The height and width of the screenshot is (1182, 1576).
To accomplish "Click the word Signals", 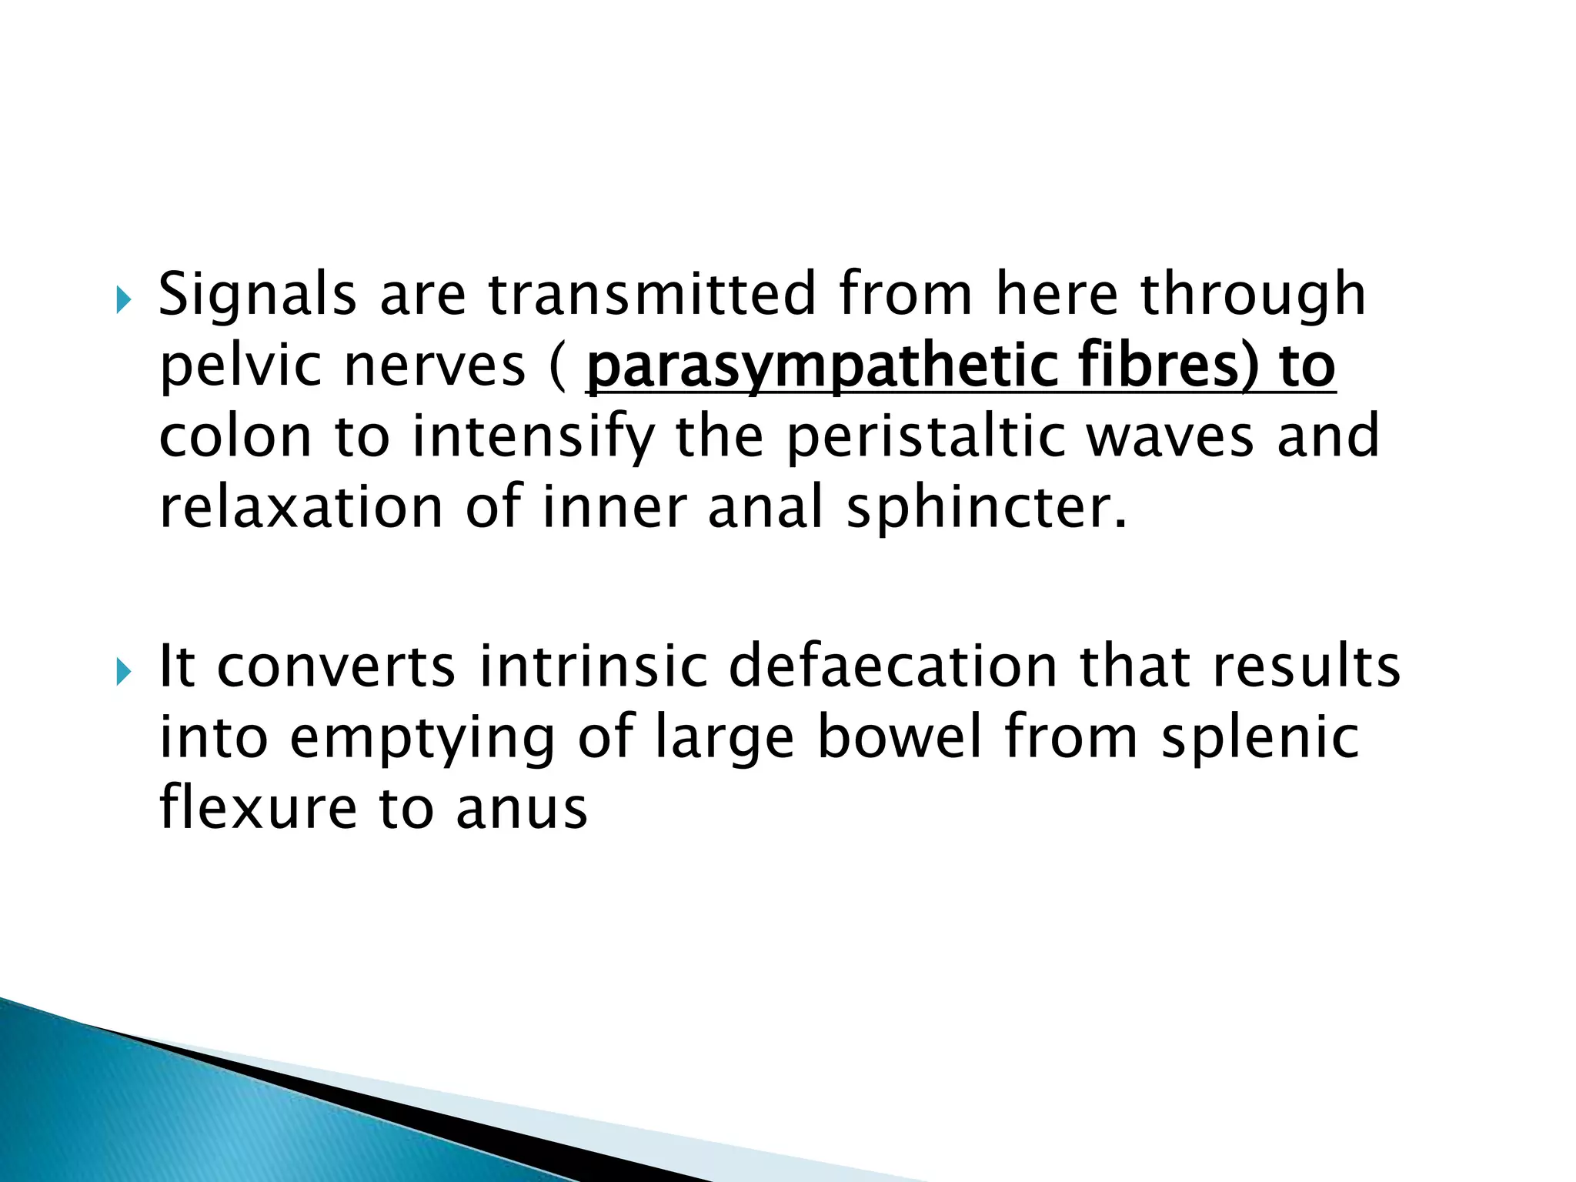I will tap(257, 295).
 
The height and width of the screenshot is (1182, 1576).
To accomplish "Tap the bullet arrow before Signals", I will tap(123, 299).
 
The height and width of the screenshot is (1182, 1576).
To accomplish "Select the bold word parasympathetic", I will tap(820, 367).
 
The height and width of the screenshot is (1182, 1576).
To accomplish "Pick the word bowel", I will tap(899, 736).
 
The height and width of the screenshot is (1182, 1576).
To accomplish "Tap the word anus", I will tap(521, 809).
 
